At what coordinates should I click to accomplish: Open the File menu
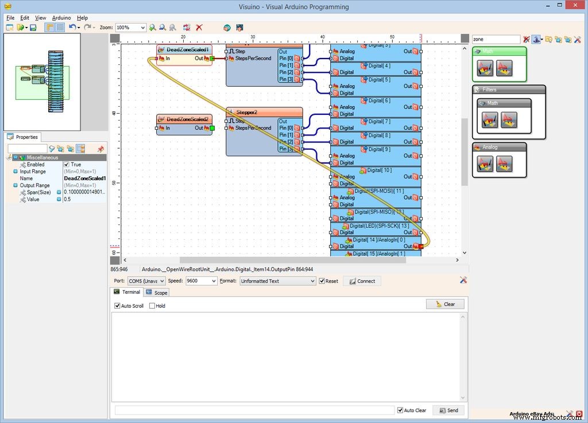coord(10,18)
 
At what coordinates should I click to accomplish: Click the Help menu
coord(82,18)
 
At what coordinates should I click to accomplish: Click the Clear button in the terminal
coord(445,304)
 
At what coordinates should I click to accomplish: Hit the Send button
coord(448,410)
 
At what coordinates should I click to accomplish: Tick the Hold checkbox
coord(152,306)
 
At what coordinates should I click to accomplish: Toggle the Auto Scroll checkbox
coord(118,306)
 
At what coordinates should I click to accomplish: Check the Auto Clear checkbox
coord(400,410)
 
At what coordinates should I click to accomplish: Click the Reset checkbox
coord(322,281)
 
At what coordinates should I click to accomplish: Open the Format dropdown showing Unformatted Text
coord(277,281)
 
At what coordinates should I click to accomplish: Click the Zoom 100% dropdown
coord(130,28)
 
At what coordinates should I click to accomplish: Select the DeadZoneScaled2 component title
coord(187,119)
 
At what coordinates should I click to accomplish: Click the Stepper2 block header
coord(264,112)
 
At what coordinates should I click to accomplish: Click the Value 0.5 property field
coord(84,199)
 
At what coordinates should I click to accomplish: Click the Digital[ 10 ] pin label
coord(379,170)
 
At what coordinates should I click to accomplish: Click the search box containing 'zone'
coord(495,39)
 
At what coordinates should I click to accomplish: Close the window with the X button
coord(574,7)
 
